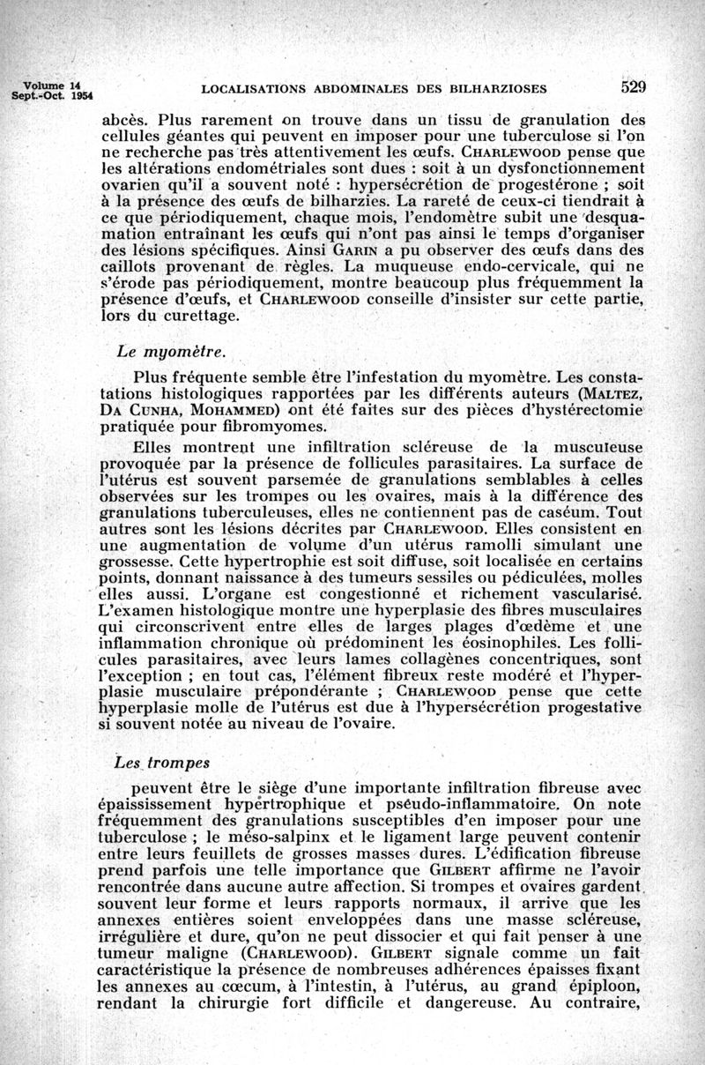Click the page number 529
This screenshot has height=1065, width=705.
pyautogui.click(x=634, y=86)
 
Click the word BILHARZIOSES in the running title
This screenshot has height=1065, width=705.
pyautogui.click(x=497, y=88)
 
